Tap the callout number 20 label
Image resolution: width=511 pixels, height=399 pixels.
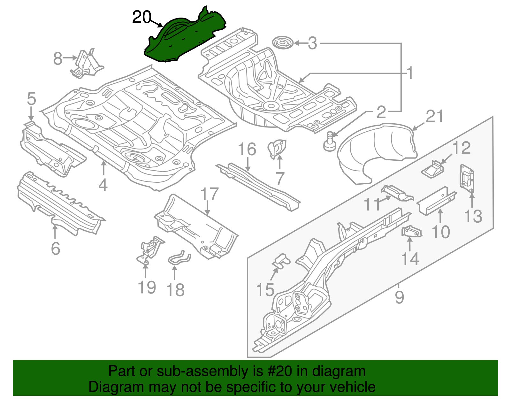(x=141, y=17)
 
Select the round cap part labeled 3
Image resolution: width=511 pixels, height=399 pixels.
(x=283, y=43)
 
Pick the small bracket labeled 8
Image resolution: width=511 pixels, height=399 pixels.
(x=86, y=64)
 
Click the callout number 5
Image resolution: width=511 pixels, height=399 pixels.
(x=31, y=99)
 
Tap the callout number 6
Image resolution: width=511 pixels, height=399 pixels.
(x=55, y=248)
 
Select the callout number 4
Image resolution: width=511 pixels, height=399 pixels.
(x=103, y=185)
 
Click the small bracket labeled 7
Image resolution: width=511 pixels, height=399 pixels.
(x=277, y=149)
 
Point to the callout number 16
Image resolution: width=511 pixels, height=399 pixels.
(x=247, y=149)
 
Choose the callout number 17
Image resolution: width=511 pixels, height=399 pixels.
(x=210, y=194)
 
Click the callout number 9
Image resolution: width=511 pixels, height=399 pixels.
(x=399, y=297)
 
